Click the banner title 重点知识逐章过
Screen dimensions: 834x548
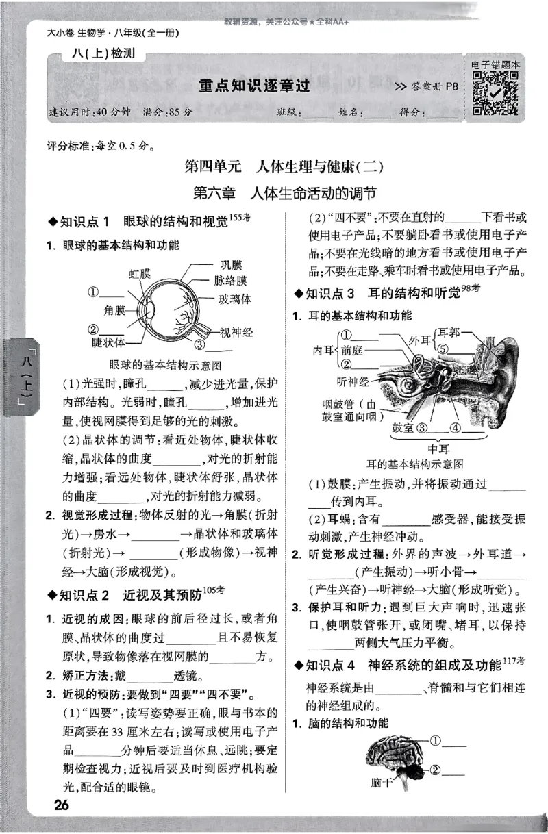pos(254,86)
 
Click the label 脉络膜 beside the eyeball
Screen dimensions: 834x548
pos(230,281)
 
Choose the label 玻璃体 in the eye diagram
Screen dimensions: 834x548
pos(235,299)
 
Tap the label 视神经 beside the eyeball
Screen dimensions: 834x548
pos(236,332)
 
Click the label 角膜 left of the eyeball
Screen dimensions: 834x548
pos(116,309)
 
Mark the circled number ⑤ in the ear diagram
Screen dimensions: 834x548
pos(443,348)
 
